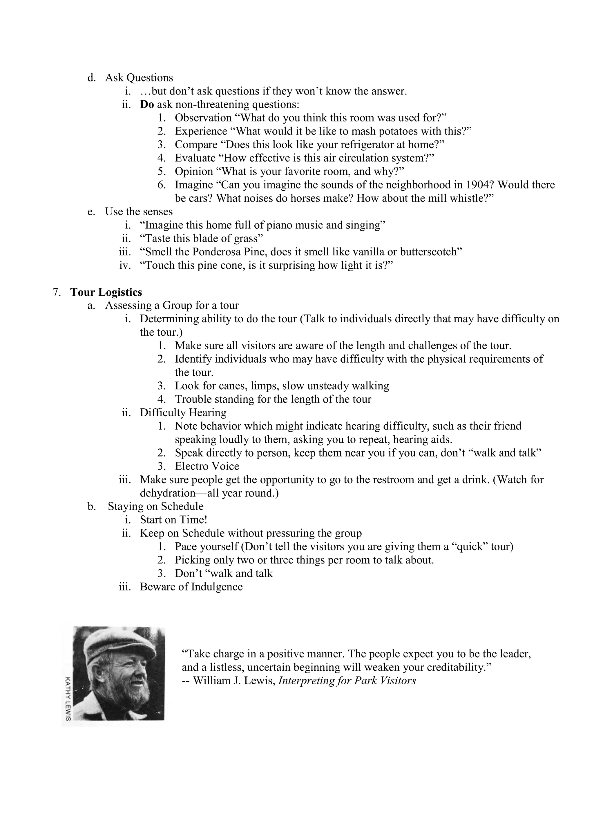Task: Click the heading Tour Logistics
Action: [106, 292]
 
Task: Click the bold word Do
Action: [147, 105]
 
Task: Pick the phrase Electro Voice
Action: [207, 466]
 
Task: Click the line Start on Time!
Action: [173, 520]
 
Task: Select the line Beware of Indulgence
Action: [191, 587]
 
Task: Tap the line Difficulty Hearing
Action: [183, 413]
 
